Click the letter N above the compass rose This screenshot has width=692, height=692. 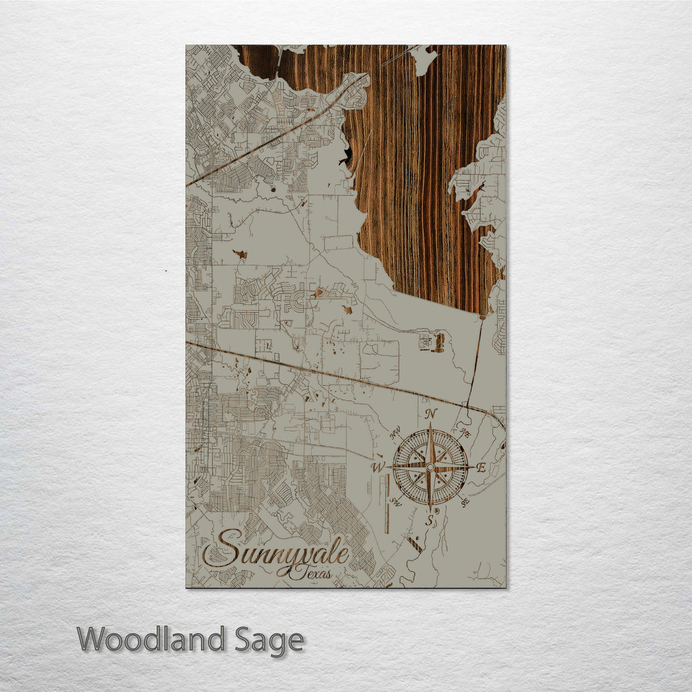pyautogui.click(x=431, y=413)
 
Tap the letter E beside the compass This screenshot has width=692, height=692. pyautogui.click(x=481, y=467)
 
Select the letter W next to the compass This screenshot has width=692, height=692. pyautogui.click(x=379, y=466)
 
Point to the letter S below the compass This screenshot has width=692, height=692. pyautogui.click(x=431, y=520)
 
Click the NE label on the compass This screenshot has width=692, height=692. pyautogui.click(x=465, y=434)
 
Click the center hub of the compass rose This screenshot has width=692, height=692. pyautogui.click(x=430, y=467)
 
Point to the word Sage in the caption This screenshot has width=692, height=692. pyautogui.click(x=268, y=640)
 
